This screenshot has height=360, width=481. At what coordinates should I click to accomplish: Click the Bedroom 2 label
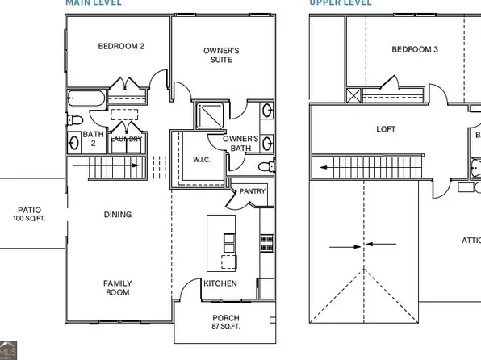pos(121,47)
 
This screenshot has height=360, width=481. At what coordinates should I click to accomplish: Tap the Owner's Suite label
pos(220,55)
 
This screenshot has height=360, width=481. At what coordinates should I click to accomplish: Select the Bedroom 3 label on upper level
pos(415,50)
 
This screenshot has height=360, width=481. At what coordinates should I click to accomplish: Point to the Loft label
pos(387,129)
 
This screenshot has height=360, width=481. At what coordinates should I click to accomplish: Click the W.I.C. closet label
pos(202,160)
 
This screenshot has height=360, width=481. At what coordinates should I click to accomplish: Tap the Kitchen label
pos(220,283)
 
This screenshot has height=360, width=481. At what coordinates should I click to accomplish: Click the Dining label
pos(118,215)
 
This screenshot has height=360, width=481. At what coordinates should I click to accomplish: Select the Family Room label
pos(117,287)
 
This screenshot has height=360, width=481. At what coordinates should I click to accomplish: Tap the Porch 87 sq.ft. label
pos(225,321)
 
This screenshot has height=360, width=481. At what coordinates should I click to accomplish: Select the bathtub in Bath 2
pos(86,98)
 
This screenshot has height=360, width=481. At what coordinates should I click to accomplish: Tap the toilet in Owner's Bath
pos(263,167)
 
